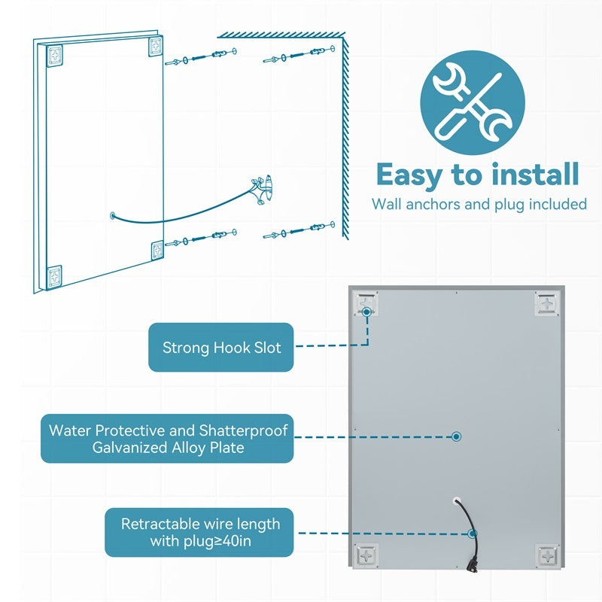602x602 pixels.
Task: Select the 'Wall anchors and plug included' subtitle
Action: coord(479,204)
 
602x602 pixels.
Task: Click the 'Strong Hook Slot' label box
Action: coord(221,348)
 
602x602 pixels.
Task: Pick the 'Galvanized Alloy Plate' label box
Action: coord(167,439)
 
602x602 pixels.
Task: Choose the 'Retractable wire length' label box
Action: coord(199,533)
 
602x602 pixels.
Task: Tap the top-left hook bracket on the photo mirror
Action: coord(366,303)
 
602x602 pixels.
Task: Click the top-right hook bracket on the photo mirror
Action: coord(545,304)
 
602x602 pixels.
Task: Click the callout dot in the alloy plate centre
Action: coord(456,436)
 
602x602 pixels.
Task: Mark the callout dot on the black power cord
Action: coord(473,533)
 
